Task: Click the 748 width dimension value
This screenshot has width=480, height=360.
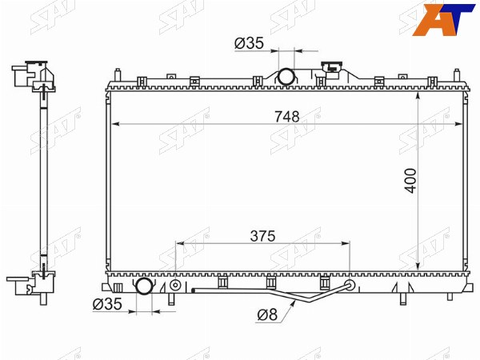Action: pos(287,117)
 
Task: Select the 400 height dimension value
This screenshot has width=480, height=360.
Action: pos(410,181)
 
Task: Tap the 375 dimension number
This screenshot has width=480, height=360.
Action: pos(262,236)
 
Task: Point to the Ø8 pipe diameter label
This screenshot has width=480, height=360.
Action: pos(267,314)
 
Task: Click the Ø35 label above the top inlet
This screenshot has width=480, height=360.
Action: pos(249,43)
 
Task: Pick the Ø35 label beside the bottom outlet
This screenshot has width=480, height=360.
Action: pos(107,304)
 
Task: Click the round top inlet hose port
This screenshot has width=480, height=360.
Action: pos(286,76)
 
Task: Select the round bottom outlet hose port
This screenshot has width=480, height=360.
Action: pos(143,286)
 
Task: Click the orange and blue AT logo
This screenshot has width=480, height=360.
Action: pos(443,20)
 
